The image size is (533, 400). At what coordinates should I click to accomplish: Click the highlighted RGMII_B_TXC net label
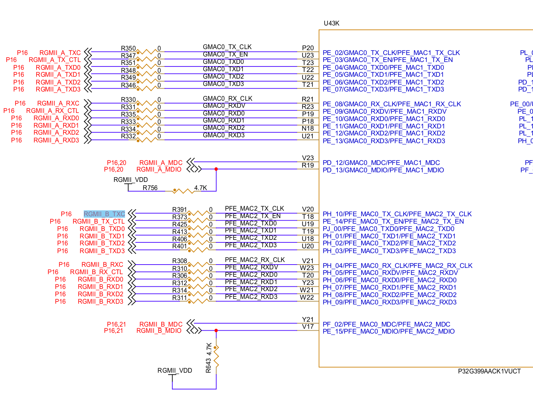(x=104, y=214)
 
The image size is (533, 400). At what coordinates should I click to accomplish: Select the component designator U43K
(x=331, y=23)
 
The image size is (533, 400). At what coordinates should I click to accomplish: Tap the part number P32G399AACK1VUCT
(x=489, y=371)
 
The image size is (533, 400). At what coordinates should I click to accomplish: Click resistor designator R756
(x=150, y=188)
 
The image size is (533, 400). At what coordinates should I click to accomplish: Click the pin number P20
(x=308, y=48)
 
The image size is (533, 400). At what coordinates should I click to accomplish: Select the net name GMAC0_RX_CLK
(x=227, y=99)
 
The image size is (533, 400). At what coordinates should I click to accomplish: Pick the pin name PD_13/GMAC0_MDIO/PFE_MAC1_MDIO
(x=383, y=170)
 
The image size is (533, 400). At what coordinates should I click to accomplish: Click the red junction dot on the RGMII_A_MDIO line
(x=216, y=169)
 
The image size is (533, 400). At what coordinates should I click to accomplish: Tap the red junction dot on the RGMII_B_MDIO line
(x=216, y=331)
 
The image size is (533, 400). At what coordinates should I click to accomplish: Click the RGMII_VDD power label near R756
(x=131, y=180)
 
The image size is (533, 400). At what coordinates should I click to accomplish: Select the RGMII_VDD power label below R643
(x=174, y=370)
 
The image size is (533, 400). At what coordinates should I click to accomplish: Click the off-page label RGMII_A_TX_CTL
(x=55, y=60)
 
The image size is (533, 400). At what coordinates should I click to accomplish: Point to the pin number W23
(x=307, y=268)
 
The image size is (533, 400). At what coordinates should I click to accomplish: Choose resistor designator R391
(x=180, y=210)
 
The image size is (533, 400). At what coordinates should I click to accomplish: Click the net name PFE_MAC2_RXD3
(x=251, y=297)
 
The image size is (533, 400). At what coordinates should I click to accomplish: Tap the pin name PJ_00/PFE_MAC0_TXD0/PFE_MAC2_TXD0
(x=388, y=229)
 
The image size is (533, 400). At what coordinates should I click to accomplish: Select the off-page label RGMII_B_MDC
(x=161, y=324)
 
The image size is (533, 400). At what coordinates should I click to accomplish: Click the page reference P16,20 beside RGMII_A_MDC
(x=117, y=163)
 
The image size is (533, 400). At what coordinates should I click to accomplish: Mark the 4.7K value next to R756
(x=200, y=188)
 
